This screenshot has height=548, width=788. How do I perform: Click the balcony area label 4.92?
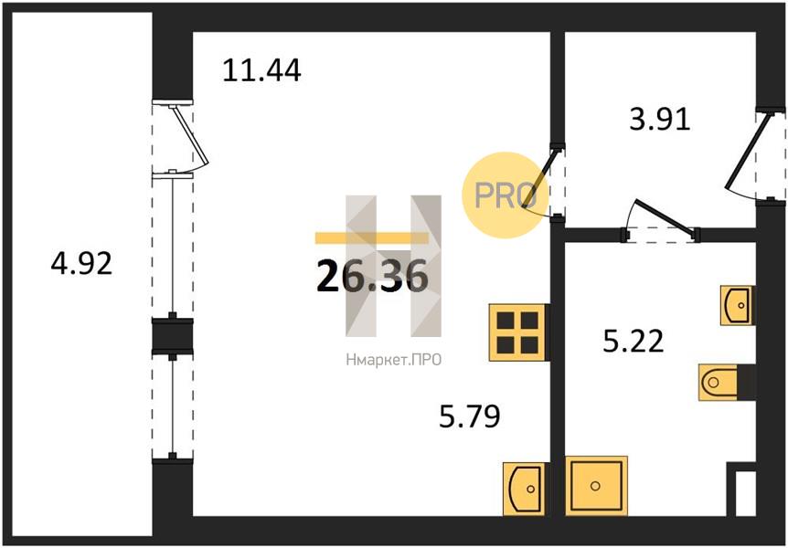(x=81, y=264)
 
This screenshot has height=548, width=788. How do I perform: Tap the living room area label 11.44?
(x=261, y=70)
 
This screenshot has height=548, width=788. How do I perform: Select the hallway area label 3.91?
(x=660, y=120)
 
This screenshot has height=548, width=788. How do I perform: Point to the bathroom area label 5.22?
(x=634, y=341)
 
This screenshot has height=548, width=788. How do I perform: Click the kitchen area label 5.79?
(x=470, y=416)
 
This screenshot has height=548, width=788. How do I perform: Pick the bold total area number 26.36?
(x=372, y=277)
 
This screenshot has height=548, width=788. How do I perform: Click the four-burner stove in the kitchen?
(x=517, y=332)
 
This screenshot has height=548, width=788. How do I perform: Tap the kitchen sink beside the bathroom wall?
(x=524, y=489)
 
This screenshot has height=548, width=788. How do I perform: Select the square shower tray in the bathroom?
(x=596, y=485)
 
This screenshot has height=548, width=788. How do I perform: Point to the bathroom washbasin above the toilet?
(x=737, y=305)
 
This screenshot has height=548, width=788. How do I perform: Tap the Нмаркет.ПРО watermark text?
(x=393, y=360)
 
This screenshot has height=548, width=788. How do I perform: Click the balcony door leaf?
(x=189, y=135)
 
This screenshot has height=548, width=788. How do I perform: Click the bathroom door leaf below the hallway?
(x=666, y=217)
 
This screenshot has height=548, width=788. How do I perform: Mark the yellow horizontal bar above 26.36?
(x=372, y=237)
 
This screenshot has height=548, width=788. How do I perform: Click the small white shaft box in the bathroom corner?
(x=745, y=493)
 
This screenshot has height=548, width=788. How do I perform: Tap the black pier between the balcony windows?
(x=173, y=334)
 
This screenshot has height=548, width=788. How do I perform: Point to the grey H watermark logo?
(x=393, y=266)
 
